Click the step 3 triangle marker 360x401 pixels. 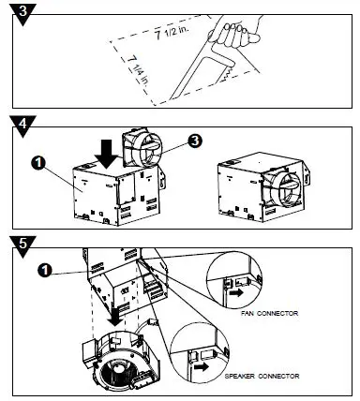[22, 13]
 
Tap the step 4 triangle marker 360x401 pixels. [22, 126]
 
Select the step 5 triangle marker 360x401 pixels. [22, 245]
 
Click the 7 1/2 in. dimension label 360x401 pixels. [172, 32]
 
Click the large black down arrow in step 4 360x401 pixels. [107, 154]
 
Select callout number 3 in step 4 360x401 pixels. [195, 141]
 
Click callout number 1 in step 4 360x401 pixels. [38, 163]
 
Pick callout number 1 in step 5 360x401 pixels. [45, 270]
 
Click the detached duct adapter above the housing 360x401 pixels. [142, 148]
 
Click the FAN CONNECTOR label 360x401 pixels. [269, 313]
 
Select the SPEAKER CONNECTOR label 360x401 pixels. [262, 376]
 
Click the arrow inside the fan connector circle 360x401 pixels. [236, 293]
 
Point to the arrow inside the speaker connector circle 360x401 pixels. [202, 366]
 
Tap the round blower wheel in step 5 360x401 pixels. [118, 371]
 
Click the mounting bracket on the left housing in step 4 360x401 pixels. [162, 178]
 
